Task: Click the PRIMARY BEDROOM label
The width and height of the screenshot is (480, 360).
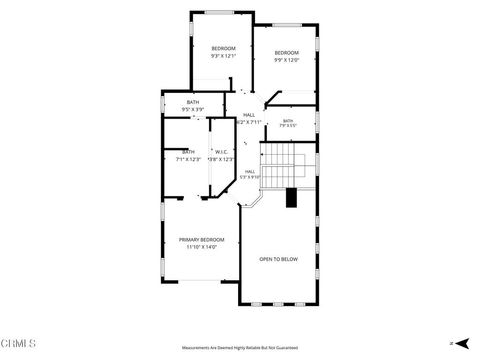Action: [x=202, y=240]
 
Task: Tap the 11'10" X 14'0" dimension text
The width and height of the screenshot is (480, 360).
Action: [x=202, y=247]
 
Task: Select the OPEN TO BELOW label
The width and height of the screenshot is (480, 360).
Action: [x=278, y=259]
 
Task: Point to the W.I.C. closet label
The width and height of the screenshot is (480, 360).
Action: [x=222, y=152]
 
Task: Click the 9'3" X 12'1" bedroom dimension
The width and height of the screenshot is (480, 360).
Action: [x=224, y=56]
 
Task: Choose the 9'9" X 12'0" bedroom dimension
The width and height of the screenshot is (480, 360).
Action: [x=286, y=60]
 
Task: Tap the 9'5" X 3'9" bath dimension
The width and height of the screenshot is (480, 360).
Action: [x=193, y=110]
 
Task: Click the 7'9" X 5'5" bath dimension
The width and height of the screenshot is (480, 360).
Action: [x=288, y=126]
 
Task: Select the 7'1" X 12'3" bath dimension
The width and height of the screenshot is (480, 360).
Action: [x=188, y=159]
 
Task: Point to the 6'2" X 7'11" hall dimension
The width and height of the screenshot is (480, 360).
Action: [x=249, y=122]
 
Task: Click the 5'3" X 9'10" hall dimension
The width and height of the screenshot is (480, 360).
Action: [x=250, y=177]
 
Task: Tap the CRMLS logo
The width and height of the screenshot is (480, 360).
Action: [x=18, y=343]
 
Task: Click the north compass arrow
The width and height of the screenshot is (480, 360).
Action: [x=462, y=344]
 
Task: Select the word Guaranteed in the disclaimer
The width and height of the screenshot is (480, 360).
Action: [x=287, y=348]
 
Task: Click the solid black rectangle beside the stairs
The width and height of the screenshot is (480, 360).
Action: [x=292, y=198]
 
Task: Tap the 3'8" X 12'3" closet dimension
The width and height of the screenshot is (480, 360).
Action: [x=222, y=159]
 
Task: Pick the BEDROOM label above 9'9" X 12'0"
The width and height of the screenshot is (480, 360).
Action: [x=286, y=53]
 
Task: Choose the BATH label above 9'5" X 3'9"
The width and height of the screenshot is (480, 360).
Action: [x=193, y=102]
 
